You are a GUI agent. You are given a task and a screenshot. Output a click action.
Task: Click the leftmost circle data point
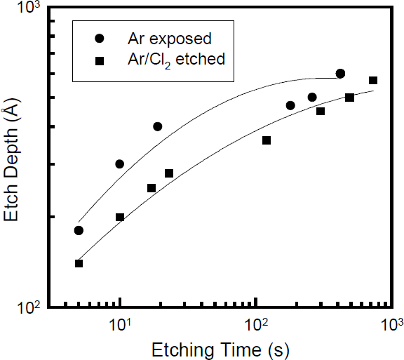coord(79,230)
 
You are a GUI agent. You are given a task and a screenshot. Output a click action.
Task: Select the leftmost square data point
coord(79,263)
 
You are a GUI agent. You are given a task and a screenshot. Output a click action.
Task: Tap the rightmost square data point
coord(373,81)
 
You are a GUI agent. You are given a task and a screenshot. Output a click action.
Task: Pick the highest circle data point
coord(340,74)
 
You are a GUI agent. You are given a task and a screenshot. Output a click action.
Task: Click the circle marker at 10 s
coord(119,164)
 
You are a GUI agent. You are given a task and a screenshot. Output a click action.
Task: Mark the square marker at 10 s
coord(119,217)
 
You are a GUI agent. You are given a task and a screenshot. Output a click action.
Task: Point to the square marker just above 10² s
coord(267,140)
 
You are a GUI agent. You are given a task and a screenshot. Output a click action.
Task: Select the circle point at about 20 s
coord(158,126)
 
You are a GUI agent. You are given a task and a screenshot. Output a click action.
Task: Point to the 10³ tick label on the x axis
coord(391,325)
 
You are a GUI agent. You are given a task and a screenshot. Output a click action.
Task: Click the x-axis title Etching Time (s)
coord(229,348)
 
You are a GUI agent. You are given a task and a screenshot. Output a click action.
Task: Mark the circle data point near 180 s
coord(290,105)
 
